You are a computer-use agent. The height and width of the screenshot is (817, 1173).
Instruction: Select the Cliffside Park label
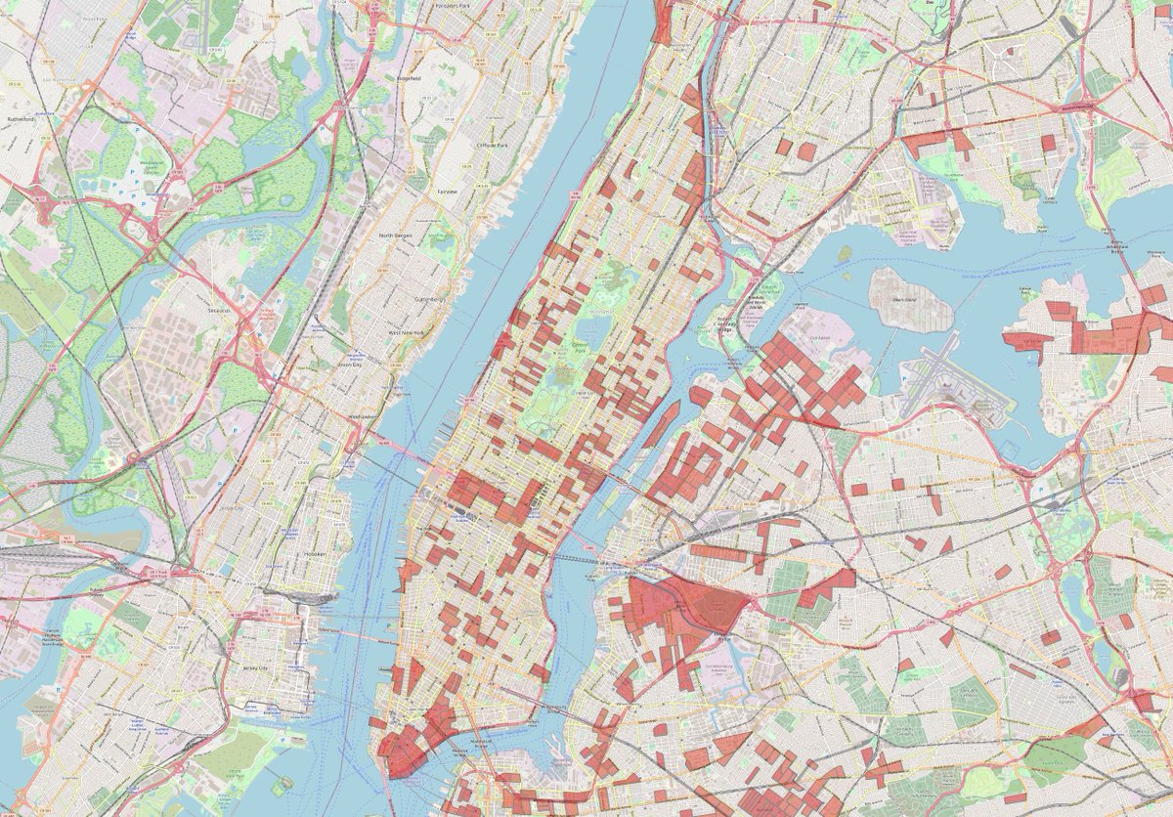point(491,146)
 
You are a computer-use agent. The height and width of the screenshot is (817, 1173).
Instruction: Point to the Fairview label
point(447,192)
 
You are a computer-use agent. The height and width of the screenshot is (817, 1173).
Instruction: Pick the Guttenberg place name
point(429,298)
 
